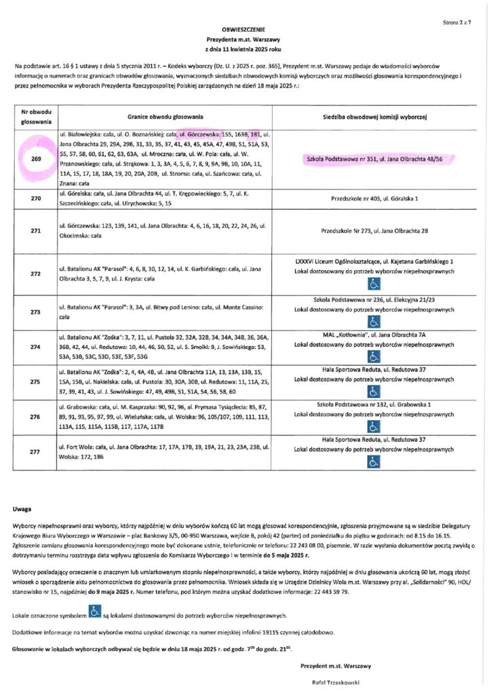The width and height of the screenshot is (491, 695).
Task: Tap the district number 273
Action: (36, 312)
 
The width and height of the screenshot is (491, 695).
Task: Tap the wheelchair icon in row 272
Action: (374, 285)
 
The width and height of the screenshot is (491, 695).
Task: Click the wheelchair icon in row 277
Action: (374, 461)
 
